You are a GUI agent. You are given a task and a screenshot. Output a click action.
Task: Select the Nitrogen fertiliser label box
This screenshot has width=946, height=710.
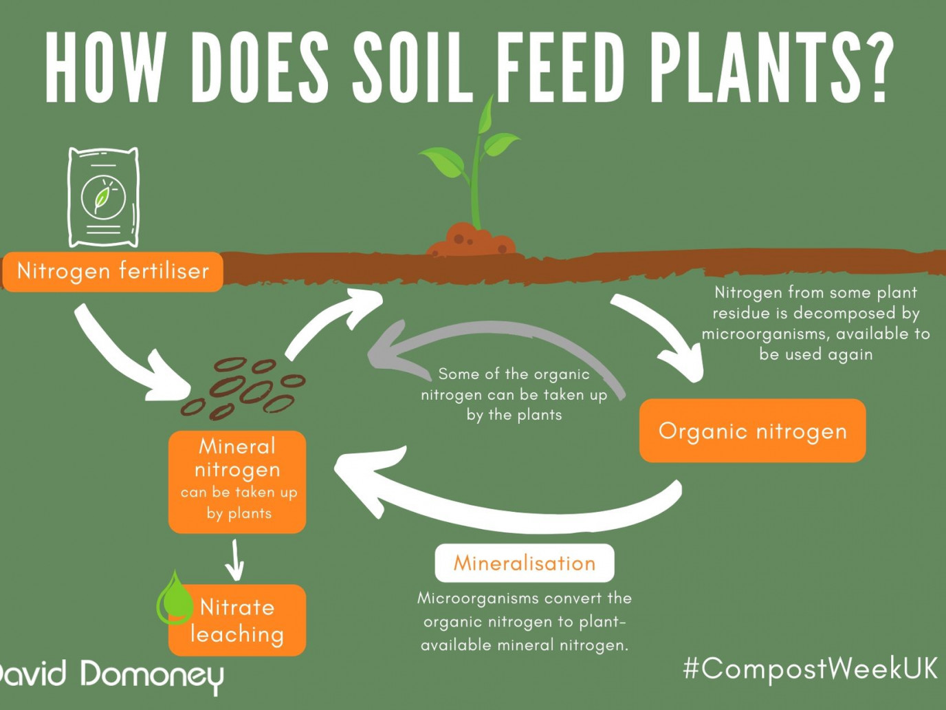(x=113, y=272)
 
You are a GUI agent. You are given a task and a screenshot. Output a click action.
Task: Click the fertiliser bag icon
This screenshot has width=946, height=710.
(x=104, y=197)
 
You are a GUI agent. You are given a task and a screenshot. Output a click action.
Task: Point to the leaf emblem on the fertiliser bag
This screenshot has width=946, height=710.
(x=103, y=199)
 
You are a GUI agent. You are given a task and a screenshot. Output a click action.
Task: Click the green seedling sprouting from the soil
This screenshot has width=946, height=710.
(x=472, y=164)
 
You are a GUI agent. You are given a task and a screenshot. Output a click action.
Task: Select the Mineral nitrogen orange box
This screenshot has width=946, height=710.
(x=237, y=482)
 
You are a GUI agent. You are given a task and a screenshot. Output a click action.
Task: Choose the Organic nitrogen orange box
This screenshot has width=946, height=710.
(x=753, y=431)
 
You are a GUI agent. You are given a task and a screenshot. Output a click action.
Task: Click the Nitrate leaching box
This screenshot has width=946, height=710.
(x=237, y=621)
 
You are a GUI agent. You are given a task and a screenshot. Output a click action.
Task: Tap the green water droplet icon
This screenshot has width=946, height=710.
(x=175, y=599)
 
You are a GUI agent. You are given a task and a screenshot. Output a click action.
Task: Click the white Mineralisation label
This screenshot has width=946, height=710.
(x=525, y=563)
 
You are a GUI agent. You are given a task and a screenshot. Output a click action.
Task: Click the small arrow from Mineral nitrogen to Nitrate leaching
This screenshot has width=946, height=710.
(x=235, y=559)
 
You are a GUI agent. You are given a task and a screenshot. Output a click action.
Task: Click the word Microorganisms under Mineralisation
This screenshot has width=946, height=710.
(x=478, y=599)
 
